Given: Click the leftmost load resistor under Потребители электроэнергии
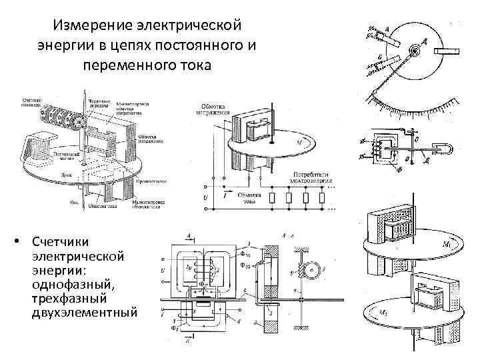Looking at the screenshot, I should click(x=273, y=197).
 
